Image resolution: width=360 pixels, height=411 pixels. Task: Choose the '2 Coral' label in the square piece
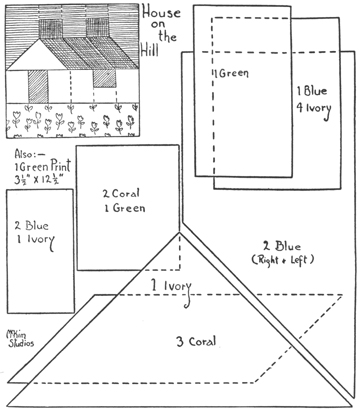click(x=123, y=194)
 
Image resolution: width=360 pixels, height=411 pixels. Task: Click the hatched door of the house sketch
click(x=41, y=84)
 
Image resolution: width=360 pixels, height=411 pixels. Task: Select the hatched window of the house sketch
click(x=103, y=78)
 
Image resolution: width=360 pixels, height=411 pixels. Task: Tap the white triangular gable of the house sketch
click(x=37, y=54)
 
